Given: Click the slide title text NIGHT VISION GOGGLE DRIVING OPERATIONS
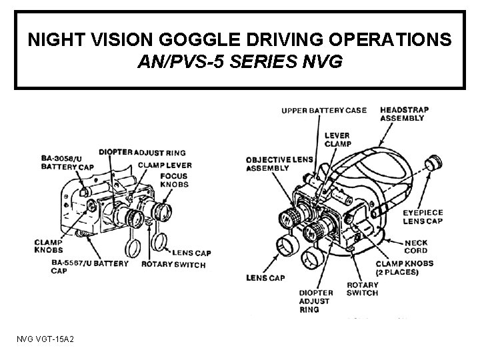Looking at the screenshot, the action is coord(240,40).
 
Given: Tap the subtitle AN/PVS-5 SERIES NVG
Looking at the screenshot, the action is coord(240,63).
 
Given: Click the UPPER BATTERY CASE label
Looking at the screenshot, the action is coord(324,110).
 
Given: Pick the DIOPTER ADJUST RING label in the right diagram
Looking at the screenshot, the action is coord(315,301).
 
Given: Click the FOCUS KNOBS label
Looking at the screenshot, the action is coord(174,180).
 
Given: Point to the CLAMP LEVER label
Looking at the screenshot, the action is coord(165,165).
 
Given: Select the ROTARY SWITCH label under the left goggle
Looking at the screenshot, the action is coord(173,265).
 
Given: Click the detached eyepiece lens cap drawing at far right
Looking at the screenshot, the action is coord(434,161).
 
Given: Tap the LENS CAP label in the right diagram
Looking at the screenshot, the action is coord(265,277).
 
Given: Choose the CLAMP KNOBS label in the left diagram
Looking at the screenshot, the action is coord(49,245).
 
